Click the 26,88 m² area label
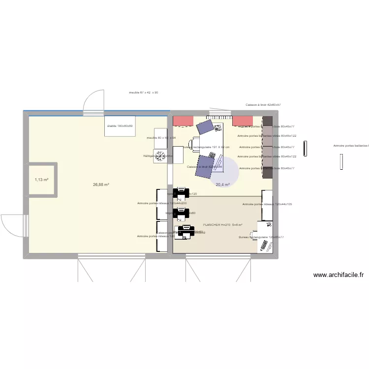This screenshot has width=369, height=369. [x=101, y=185]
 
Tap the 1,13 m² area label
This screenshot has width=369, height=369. [x=41, y=180]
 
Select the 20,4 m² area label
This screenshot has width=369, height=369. [x=222, y=185]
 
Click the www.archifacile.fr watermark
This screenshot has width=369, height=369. [x=338, y=276]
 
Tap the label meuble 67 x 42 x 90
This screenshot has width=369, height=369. [x=143, y=92]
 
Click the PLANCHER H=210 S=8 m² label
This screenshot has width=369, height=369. [x=222, y=225]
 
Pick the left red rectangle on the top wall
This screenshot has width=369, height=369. [x=183, y=121]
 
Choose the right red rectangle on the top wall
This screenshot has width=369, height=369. [x=242, y=121]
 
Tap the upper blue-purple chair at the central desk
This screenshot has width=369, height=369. [x=205, y=127]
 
